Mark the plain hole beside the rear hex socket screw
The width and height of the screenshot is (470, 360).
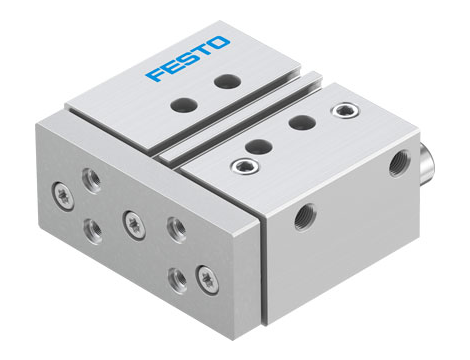299,122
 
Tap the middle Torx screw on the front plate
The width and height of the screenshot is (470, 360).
130,220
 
